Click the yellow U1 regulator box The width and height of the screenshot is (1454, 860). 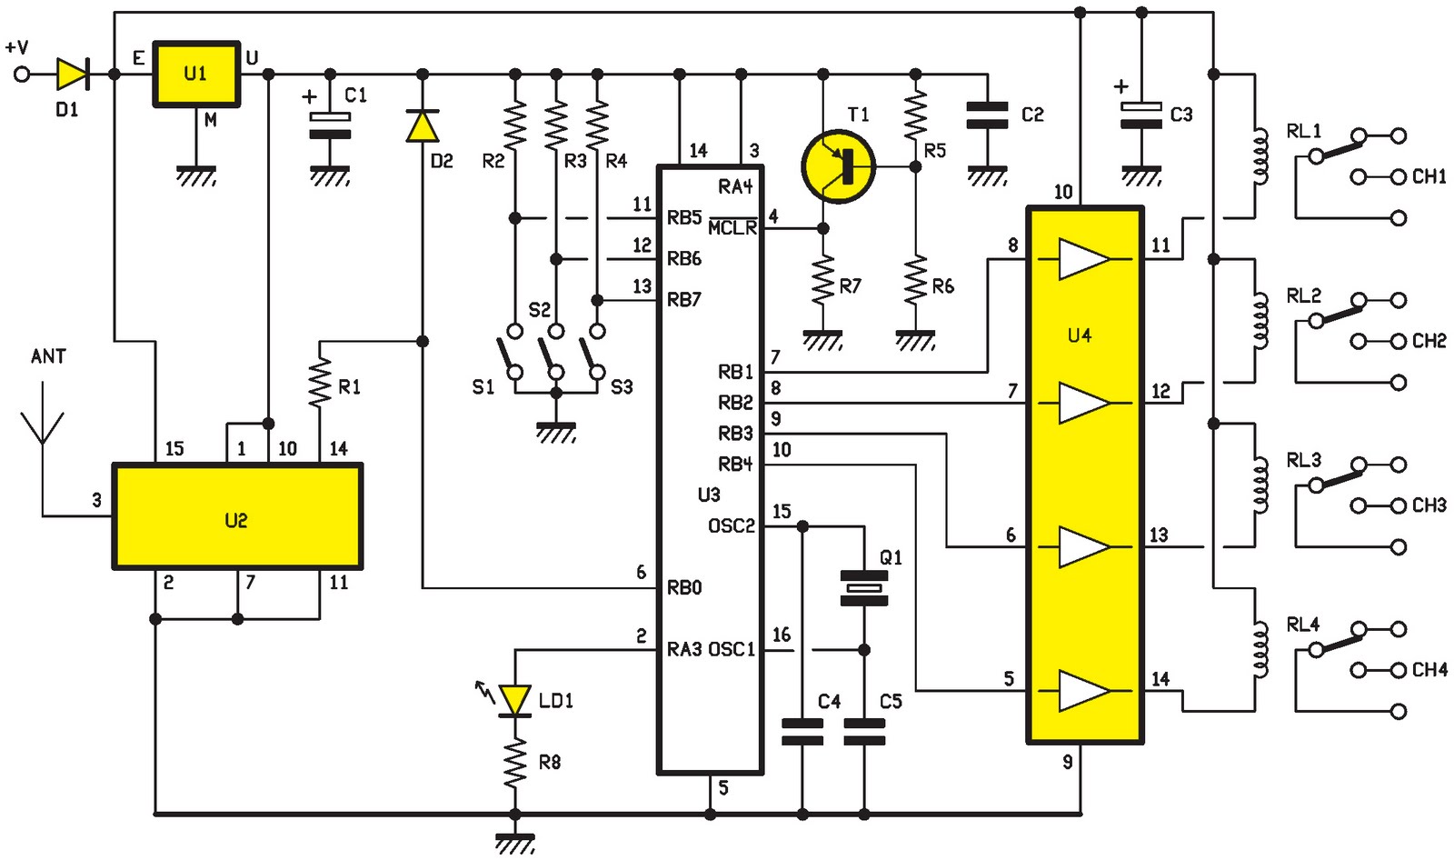coord(195,74)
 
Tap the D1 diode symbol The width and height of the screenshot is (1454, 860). coord(72,75)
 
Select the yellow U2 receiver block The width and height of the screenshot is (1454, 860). coord(236,517)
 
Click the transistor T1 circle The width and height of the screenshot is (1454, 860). coord(838,166)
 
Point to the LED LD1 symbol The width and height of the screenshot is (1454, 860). coord(515,700)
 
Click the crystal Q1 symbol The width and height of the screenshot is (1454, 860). coord(863,587)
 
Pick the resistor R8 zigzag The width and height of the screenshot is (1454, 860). coord(515,762)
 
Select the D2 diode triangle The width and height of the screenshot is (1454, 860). coord(423,125)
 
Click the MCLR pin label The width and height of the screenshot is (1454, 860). coord(732,227)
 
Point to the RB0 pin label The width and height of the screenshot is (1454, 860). coord(684,588)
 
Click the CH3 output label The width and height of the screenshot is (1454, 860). coord(1429,505)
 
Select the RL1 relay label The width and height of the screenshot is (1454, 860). coord(1303,132)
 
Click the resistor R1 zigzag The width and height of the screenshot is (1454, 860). coord(320,384)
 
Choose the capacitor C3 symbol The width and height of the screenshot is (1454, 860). coord(1141,115)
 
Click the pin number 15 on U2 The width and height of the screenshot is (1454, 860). coord(174,449)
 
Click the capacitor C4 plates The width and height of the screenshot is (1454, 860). coord(802,732)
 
